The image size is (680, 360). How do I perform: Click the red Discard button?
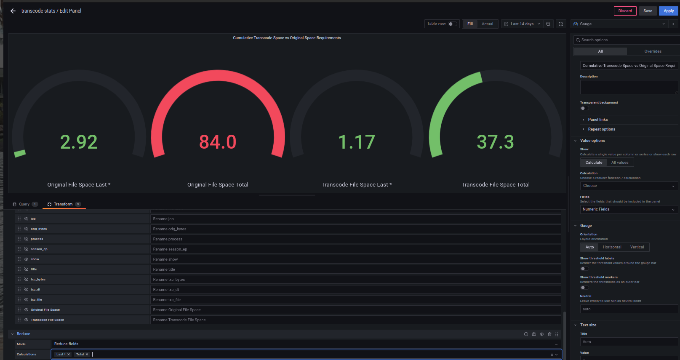(625, 11)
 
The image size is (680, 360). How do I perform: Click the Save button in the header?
(648, 11)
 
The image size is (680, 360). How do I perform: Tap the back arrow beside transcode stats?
(13, 11)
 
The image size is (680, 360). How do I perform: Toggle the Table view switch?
(452, 24)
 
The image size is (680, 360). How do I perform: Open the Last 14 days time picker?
(522, 24)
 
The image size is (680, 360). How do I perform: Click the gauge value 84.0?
(218, 142)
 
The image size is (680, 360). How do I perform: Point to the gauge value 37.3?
(495, 142)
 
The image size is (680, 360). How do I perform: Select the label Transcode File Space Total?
(495, 185)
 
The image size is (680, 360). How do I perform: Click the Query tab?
(24, 204)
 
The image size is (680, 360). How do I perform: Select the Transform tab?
(63, 204)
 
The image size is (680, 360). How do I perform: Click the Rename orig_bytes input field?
(355, 229)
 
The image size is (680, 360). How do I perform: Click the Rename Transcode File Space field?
(355, 320)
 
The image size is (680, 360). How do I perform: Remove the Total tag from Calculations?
(87, 355)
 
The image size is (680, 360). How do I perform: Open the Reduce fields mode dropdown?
(306, 344)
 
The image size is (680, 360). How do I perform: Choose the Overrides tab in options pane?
(653, 51)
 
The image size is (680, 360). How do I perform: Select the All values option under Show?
(620, 163)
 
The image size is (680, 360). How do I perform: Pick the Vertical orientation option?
(637, 247)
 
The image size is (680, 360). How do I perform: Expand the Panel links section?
(597, 120)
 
